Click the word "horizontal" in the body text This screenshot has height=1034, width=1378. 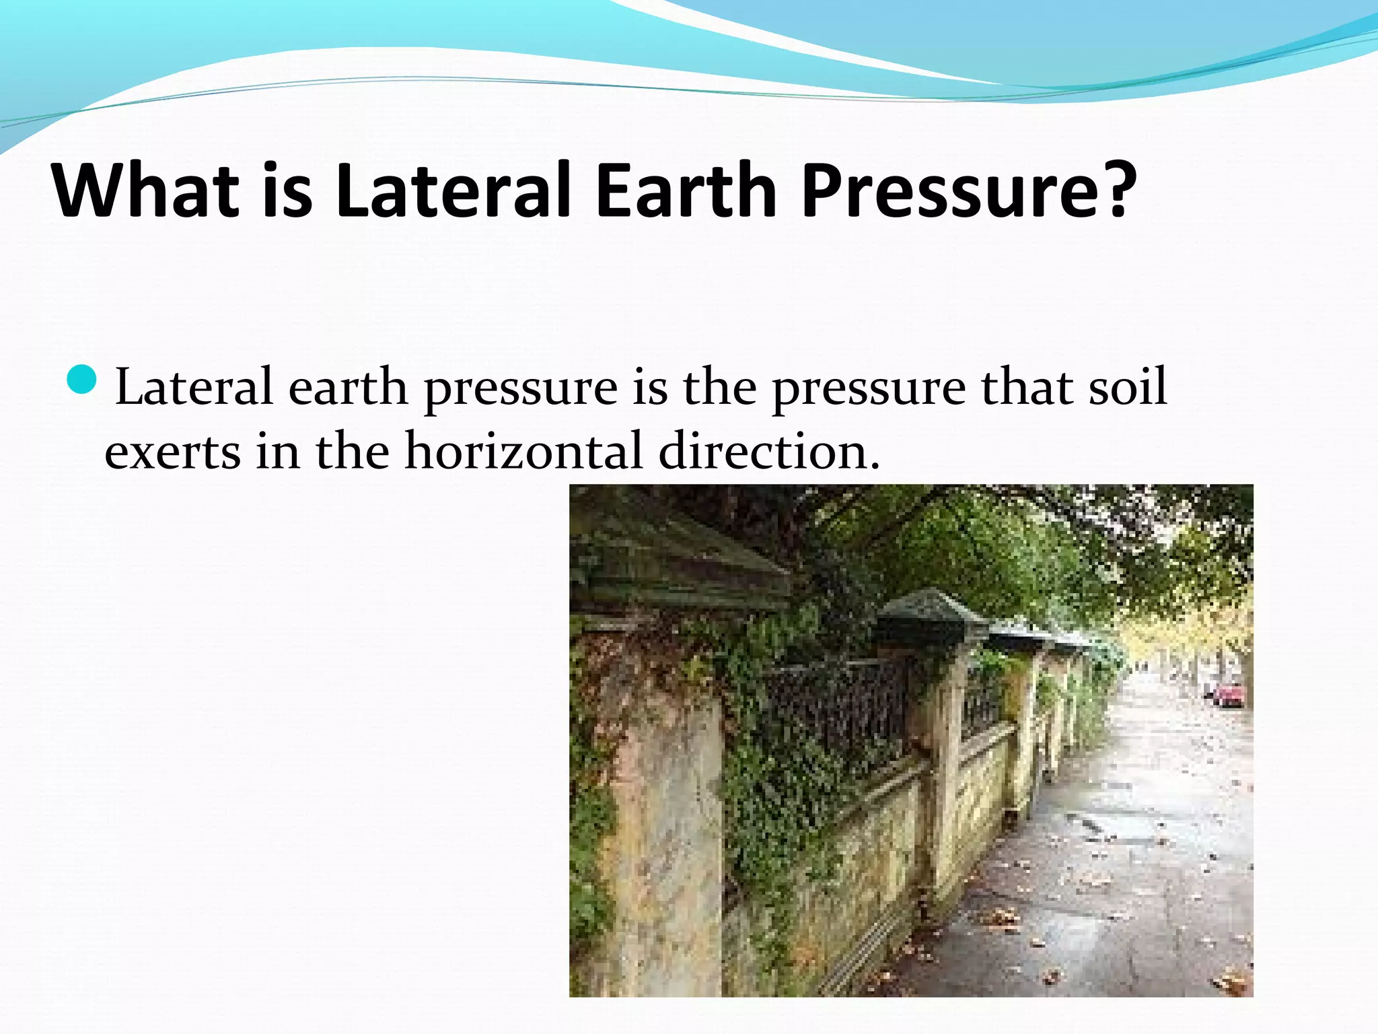click(523, 450)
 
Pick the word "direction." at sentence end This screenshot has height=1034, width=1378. click(769, 450)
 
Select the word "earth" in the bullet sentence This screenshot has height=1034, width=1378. click(348, 388)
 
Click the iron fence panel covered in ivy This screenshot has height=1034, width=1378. click(834, 714)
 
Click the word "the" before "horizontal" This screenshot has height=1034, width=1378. click(352, 450)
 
